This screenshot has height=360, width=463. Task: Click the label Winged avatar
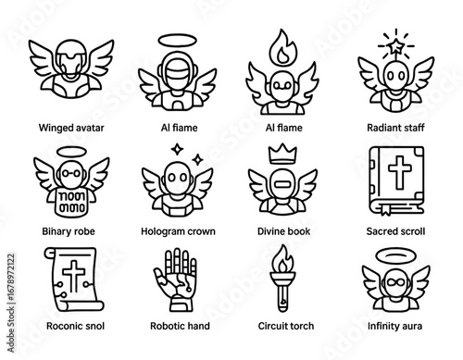coord(71,127)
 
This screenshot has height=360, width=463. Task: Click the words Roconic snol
coord(71,326)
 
